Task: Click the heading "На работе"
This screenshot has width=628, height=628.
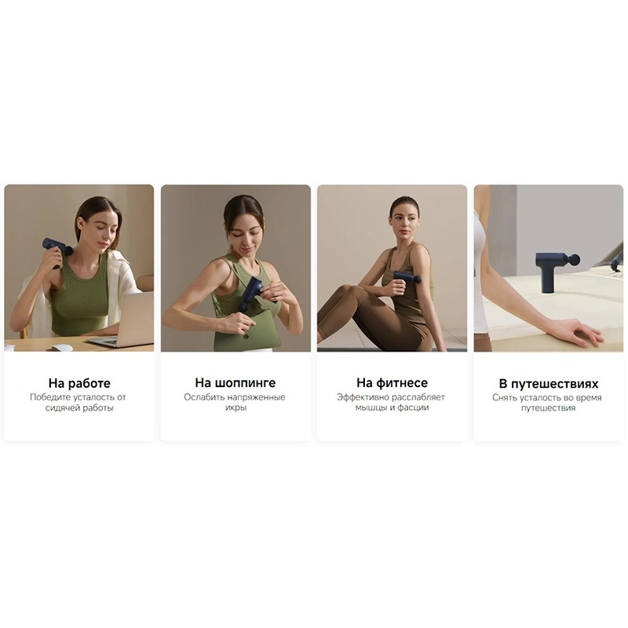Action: pos(79,383)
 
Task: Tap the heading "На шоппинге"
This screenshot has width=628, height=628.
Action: pos(235,383)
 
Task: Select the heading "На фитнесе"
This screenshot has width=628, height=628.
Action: pos(392,383)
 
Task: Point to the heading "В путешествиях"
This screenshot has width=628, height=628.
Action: pos(548,384)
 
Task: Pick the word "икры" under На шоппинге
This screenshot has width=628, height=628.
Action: pos(235,407)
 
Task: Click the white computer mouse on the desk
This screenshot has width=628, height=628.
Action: pos(62,348)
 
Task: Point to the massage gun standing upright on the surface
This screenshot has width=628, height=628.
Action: pos(557,270)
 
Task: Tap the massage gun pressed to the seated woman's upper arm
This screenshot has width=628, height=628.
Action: pos(406,281)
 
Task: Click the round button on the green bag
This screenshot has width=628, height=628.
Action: pos(246,336)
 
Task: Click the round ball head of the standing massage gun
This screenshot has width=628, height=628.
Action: pos(575,260)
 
